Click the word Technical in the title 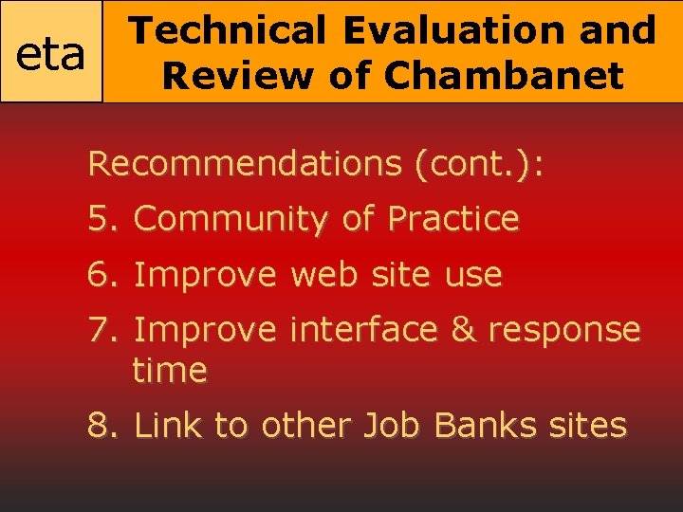[x=227, y=30]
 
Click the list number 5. [x=100, y=219]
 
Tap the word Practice [x=452, y=219]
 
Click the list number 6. [x=100, y=275]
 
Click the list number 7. [x=100, y=330]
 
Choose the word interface [x=363, y=330]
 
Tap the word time [x=170, y=370]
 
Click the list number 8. [x=100, y=426]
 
